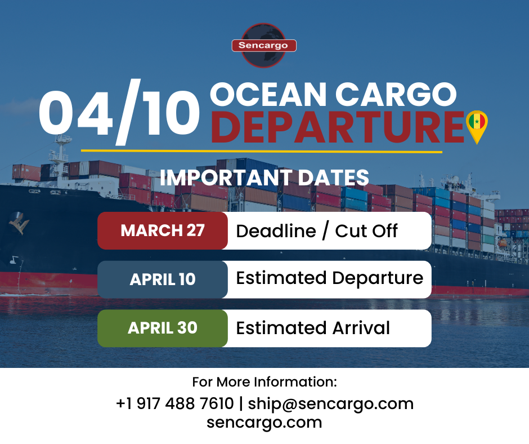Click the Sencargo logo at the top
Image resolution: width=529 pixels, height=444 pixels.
[264, 45]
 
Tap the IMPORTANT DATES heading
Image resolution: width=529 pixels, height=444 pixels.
[264, 177]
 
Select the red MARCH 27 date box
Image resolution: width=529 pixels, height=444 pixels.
[163, 230]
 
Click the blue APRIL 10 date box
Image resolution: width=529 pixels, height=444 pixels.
[163, 279]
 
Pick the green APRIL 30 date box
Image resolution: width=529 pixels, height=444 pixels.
[163, 328]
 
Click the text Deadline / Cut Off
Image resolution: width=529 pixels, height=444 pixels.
[317, 230]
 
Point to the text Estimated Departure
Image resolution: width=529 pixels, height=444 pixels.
[329, 278]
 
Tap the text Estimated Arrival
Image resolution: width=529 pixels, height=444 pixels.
[313, 328]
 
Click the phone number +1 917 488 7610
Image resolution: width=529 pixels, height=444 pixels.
[174, 403]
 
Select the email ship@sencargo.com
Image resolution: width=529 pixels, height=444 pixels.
[331, 403]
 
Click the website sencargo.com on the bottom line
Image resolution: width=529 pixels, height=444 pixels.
[264, 422]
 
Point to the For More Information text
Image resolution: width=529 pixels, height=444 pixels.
[264, 382]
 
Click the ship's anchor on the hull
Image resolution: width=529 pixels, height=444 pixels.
[19, 224]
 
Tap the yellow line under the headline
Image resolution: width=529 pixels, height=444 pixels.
[261, 151]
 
